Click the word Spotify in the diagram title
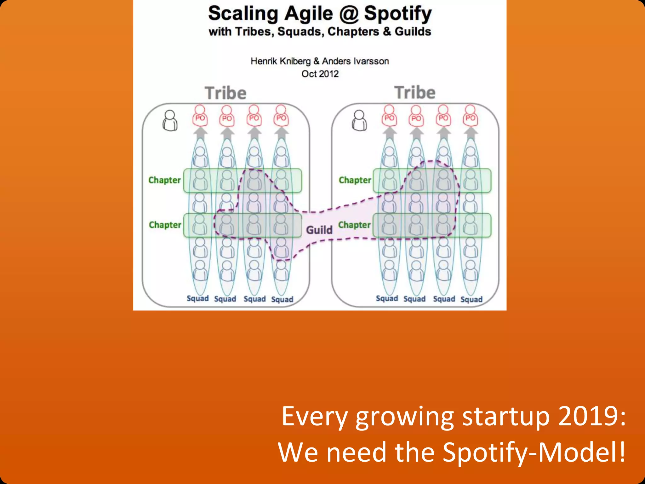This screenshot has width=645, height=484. point(398,14)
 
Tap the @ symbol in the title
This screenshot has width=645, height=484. point(348,14)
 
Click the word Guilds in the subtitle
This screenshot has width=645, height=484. point(413,32)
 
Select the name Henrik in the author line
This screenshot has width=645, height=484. point(264,61)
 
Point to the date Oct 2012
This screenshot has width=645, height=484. point(320,74)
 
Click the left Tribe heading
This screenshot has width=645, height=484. point(225,93)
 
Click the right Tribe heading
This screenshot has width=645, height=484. point(415,93)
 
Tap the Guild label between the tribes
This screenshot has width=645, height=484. point(319,230)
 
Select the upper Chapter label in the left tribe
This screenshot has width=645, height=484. point(164,180)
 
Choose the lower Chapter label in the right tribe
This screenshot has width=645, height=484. point(354,225)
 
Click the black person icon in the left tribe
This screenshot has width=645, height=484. point(170,121)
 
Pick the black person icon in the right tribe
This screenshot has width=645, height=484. point(359,121)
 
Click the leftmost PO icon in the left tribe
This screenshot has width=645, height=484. point(200,116)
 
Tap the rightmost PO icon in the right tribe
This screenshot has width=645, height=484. point(470,116)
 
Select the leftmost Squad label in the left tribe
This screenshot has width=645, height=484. point(197,298)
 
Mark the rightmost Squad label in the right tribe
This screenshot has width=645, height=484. point(471,299)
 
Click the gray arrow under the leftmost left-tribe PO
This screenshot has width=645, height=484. point(200,133)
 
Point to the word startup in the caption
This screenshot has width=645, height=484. point(506,417)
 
